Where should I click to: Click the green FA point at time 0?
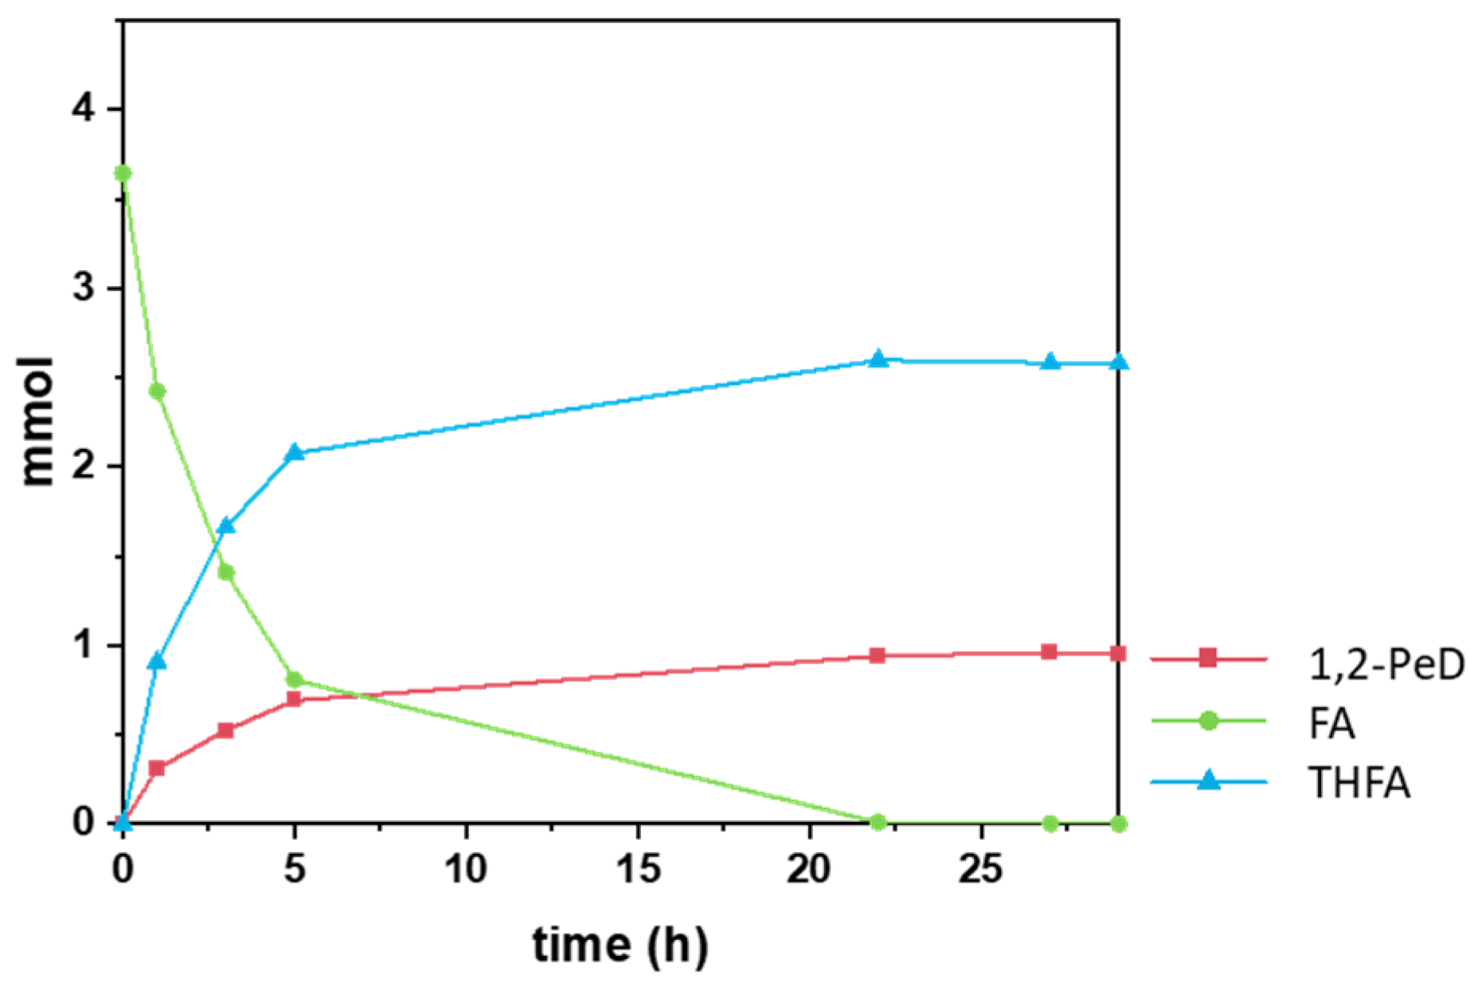(x=123, y=173)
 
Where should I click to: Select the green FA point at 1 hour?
(x=157, y=391)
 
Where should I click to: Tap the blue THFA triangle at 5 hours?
(x=295, y=452)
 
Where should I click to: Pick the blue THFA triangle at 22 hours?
(x=878, y=359)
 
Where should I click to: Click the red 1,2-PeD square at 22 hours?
(x=878, y=656)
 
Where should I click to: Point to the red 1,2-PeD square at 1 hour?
(x=157, y=769)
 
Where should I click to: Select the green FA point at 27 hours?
(x=1050, y=823)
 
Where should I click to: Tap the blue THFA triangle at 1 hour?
(x=157, y=661)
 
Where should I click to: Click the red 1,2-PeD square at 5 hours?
(x=294, y=699)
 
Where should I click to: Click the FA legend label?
(x=1332, y=724)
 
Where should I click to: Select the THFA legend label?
(x=1359, y=783)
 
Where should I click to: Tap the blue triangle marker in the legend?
(x=1208, y=781)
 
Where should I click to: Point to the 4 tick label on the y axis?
(x=84, y=109)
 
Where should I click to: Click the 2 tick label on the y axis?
(x=84, y=467)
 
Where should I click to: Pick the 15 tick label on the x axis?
(x=638, y=869)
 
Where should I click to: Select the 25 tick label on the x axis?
(x=980, y=869)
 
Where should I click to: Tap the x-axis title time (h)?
(x=620, y=946)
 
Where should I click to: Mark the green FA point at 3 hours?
(x=225, y=572)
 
